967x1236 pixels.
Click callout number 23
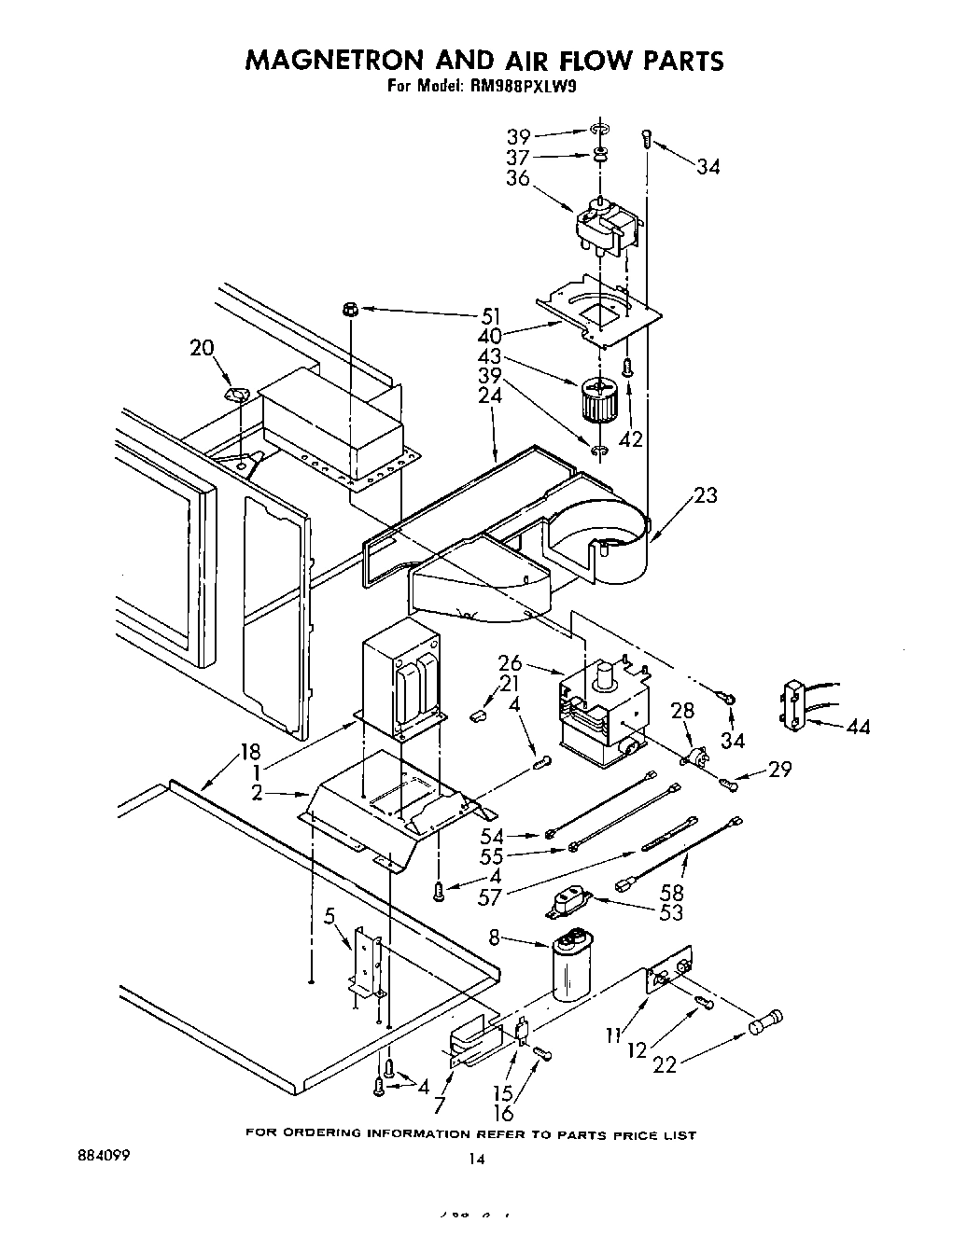706,495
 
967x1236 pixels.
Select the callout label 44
856,726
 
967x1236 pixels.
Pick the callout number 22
665,1064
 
